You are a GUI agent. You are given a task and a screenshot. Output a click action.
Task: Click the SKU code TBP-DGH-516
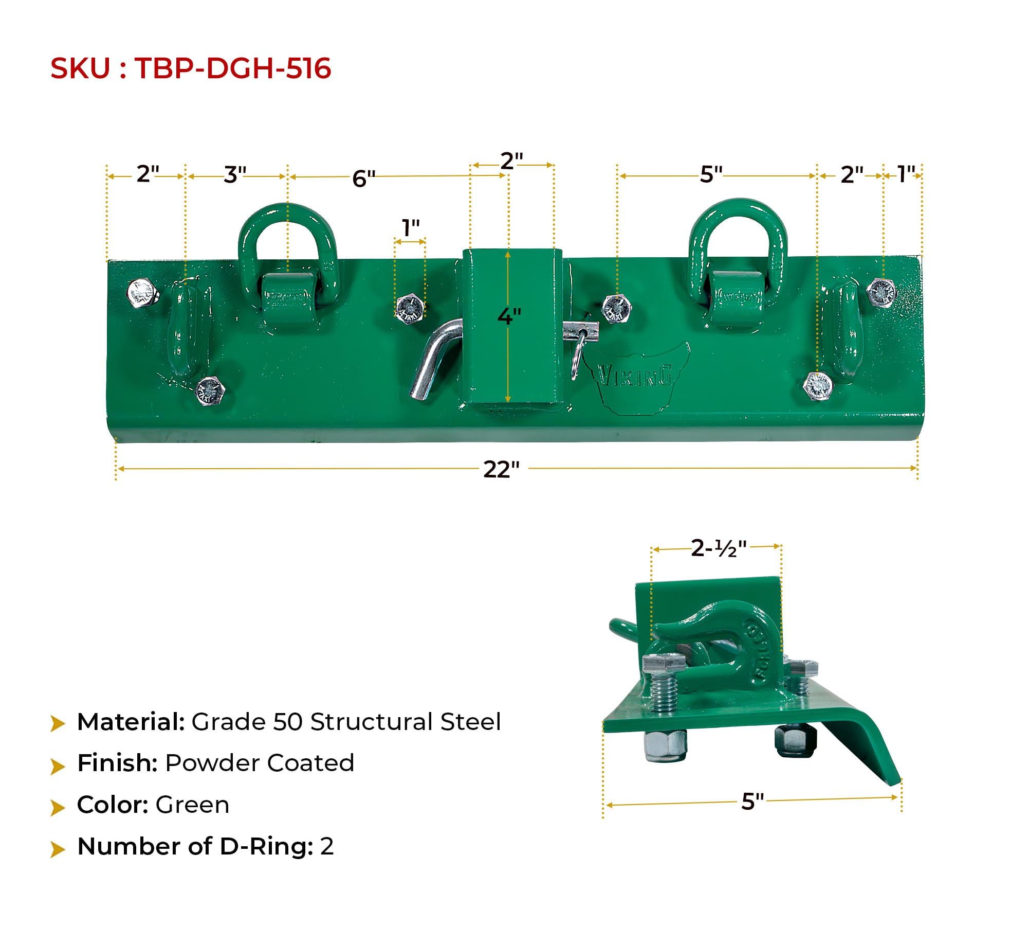click(232, 68)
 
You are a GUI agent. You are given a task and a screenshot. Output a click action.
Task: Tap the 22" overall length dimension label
click(501, 469)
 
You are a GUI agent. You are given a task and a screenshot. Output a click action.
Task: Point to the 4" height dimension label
click(509, 316)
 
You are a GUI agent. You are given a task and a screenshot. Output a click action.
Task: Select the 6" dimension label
click(363, 179)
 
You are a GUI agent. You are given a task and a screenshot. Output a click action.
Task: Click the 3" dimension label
click(235, 175)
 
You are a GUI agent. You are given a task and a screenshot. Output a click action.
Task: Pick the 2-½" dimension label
click(718, 549)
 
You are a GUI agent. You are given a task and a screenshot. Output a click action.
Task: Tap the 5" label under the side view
click(752, 802)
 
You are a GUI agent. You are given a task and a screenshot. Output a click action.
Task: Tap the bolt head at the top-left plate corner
click(141, 293)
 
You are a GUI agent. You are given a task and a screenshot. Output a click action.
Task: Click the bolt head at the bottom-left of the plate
click(210, 391)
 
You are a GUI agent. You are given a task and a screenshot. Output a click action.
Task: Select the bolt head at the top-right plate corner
click(881, 292)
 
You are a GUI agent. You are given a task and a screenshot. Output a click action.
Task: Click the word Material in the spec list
click(131, 722)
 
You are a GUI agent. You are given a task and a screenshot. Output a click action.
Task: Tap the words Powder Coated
click(260, 763)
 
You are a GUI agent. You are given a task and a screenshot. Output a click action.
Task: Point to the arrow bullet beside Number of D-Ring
click(58, 848)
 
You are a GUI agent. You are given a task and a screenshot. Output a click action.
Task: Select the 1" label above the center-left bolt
click(410, 228)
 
